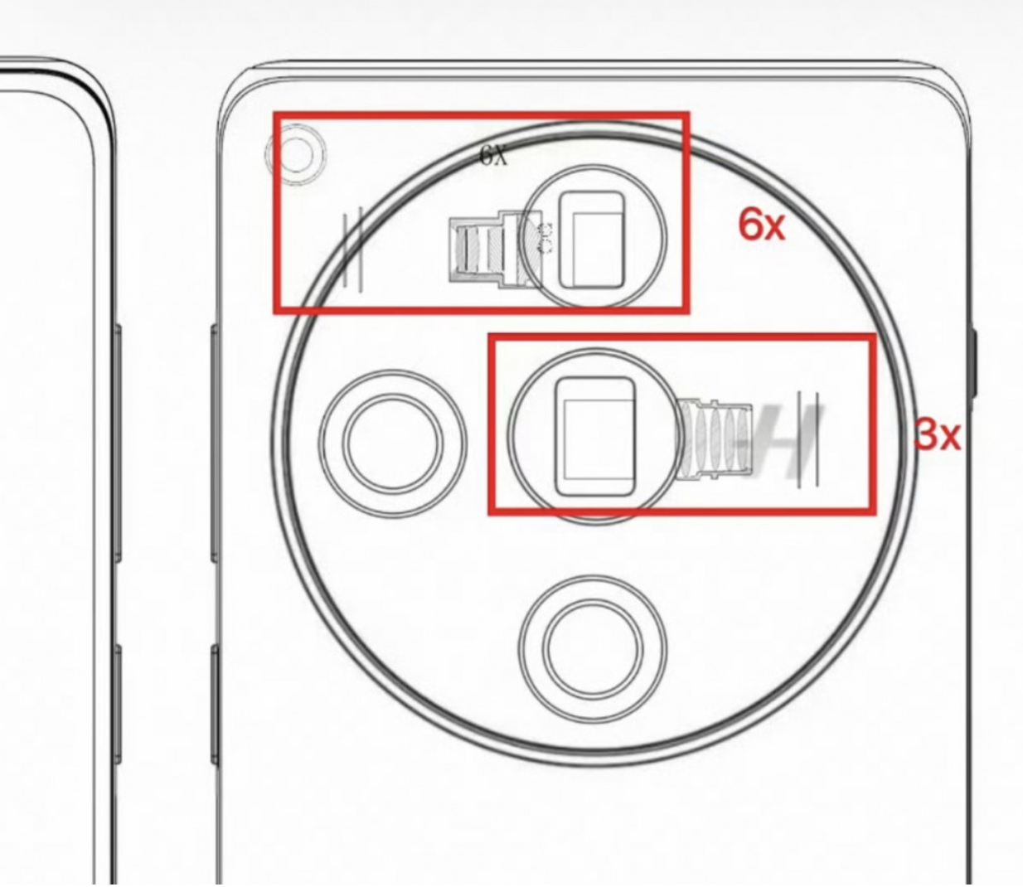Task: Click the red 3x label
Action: (x=937, y=434)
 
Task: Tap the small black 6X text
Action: (x=493, y=155)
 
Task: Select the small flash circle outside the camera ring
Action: (x=296, y=154)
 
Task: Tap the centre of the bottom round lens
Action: (x=593, y=648)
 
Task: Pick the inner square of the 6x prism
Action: (x=597, y=248)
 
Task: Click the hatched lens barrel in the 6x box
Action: (x=495, y=250)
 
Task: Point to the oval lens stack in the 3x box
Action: (x=715, y=440)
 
